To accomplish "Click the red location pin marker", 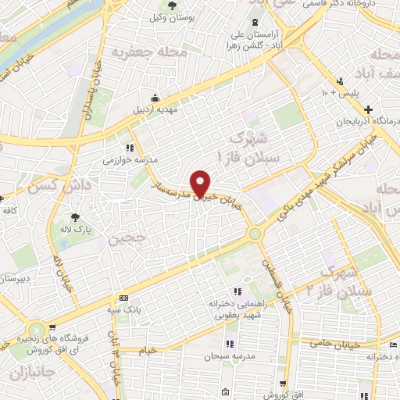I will pyautogui.click(x=201, y=184).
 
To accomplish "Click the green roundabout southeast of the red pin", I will pyautogui.click(x=255, y=234).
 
